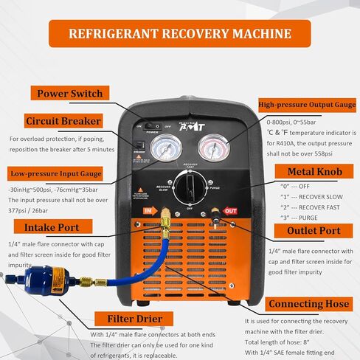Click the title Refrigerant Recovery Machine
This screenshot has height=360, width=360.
point(179,33)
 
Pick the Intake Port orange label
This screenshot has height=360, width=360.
point(52,226)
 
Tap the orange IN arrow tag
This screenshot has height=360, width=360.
point(151,211)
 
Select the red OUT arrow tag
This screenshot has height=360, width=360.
point(230,210)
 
